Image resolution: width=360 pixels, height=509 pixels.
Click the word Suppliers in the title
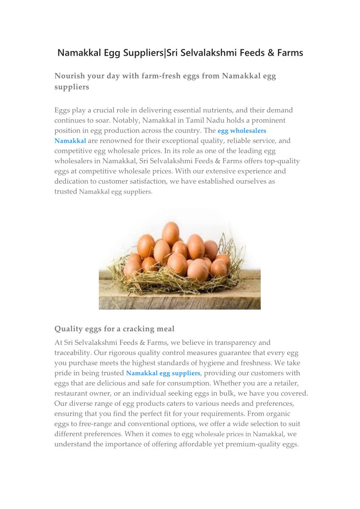click(142, 53)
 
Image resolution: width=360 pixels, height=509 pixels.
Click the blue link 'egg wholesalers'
click(242, 131)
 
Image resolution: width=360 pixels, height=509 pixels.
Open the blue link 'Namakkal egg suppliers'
click(163, 373)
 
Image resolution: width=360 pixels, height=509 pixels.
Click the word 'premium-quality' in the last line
click(255, 444)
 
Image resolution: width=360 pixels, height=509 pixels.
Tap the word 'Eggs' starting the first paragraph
click(63, 110)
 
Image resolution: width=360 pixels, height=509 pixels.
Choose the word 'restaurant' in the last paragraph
click(73, 393)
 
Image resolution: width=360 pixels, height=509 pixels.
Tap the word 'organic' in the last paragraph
click(277, 414)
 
